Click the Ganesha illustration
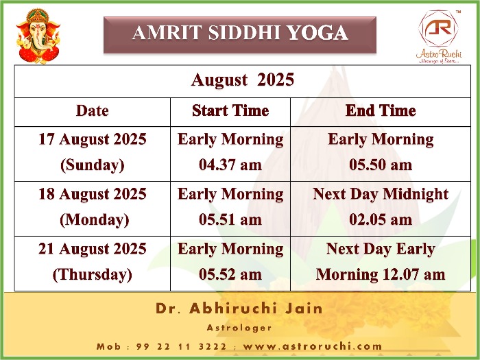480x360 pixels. pos(38,36)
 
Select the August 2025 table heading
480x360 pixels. pos(243,80)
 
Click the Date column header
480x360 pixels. pos(92,111)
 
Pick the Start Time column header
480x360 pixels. pos(230,111)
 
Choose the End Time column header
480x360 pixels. pos(381,111)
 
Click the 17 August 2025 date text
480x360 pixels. pos(93,139)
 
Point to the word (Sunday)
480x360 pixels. pos(93,165)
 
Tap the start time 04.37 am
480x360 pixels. pos(230,165)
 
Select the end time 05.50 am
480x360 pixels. pos(381,165)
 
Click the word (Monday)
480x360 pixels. pos(95,220)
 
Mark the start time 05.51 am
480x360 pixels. pos(230,219)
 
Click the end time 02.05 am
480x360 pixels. pos(381,219)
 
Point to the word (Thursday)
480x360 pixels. pos(93,274)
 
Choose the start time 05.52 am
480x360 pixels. pos(230,274)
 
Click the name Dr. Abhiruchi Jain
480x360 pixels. pos(239,309)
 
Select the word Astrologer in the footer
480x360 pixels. pos(239,328)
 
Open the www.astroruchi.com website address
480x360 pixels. pos(313,346)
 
